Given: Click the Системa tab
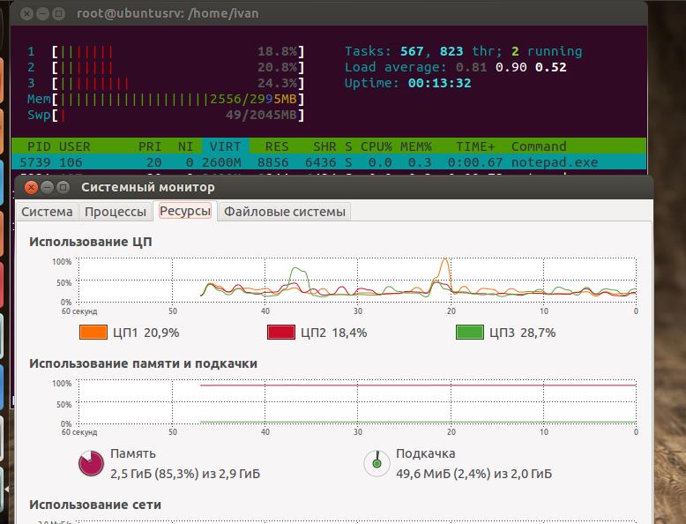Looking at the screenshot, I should coord(47,212).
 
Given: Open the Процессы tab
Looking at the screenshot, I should coord(115,212).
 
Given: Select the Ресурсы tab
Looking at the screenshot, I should coord(185,212).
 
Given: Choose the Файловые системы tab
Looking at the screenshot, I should coord(285,212).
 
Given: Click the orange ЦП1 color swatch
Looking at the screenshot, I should coord(93,333).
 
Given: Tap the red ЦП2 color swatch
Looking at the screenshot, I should coord(281,333).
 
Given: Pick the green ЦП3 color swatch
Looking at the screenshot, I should coord(469,333).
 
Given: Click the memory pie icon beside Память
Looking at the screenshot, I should coord(91,463).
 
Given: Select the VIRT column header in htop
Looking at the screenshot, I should coord(224,146).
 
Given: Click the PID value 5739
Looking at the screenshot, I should coord(41,162).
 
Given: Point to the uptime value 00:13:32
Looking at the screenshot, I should coord(439,84).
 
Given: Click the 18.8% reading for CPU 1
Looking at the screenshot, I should coord(279,52).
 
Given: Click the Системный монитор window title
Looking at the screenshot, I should coord(148,187).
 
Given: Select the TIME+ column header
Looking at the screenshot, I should coord(475,146).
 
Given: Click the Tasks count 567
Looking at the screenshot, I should coord(413,52).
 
